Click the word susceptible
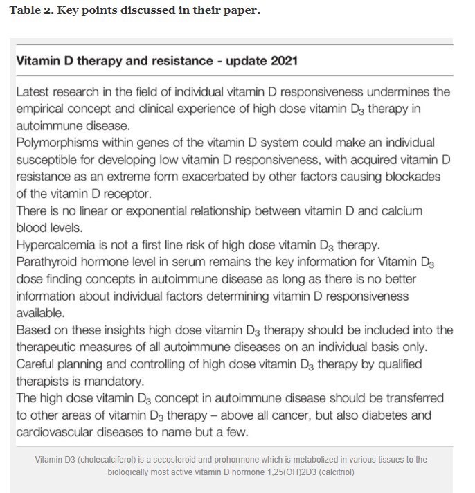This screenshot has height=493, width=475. click(x=45, y=159)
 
